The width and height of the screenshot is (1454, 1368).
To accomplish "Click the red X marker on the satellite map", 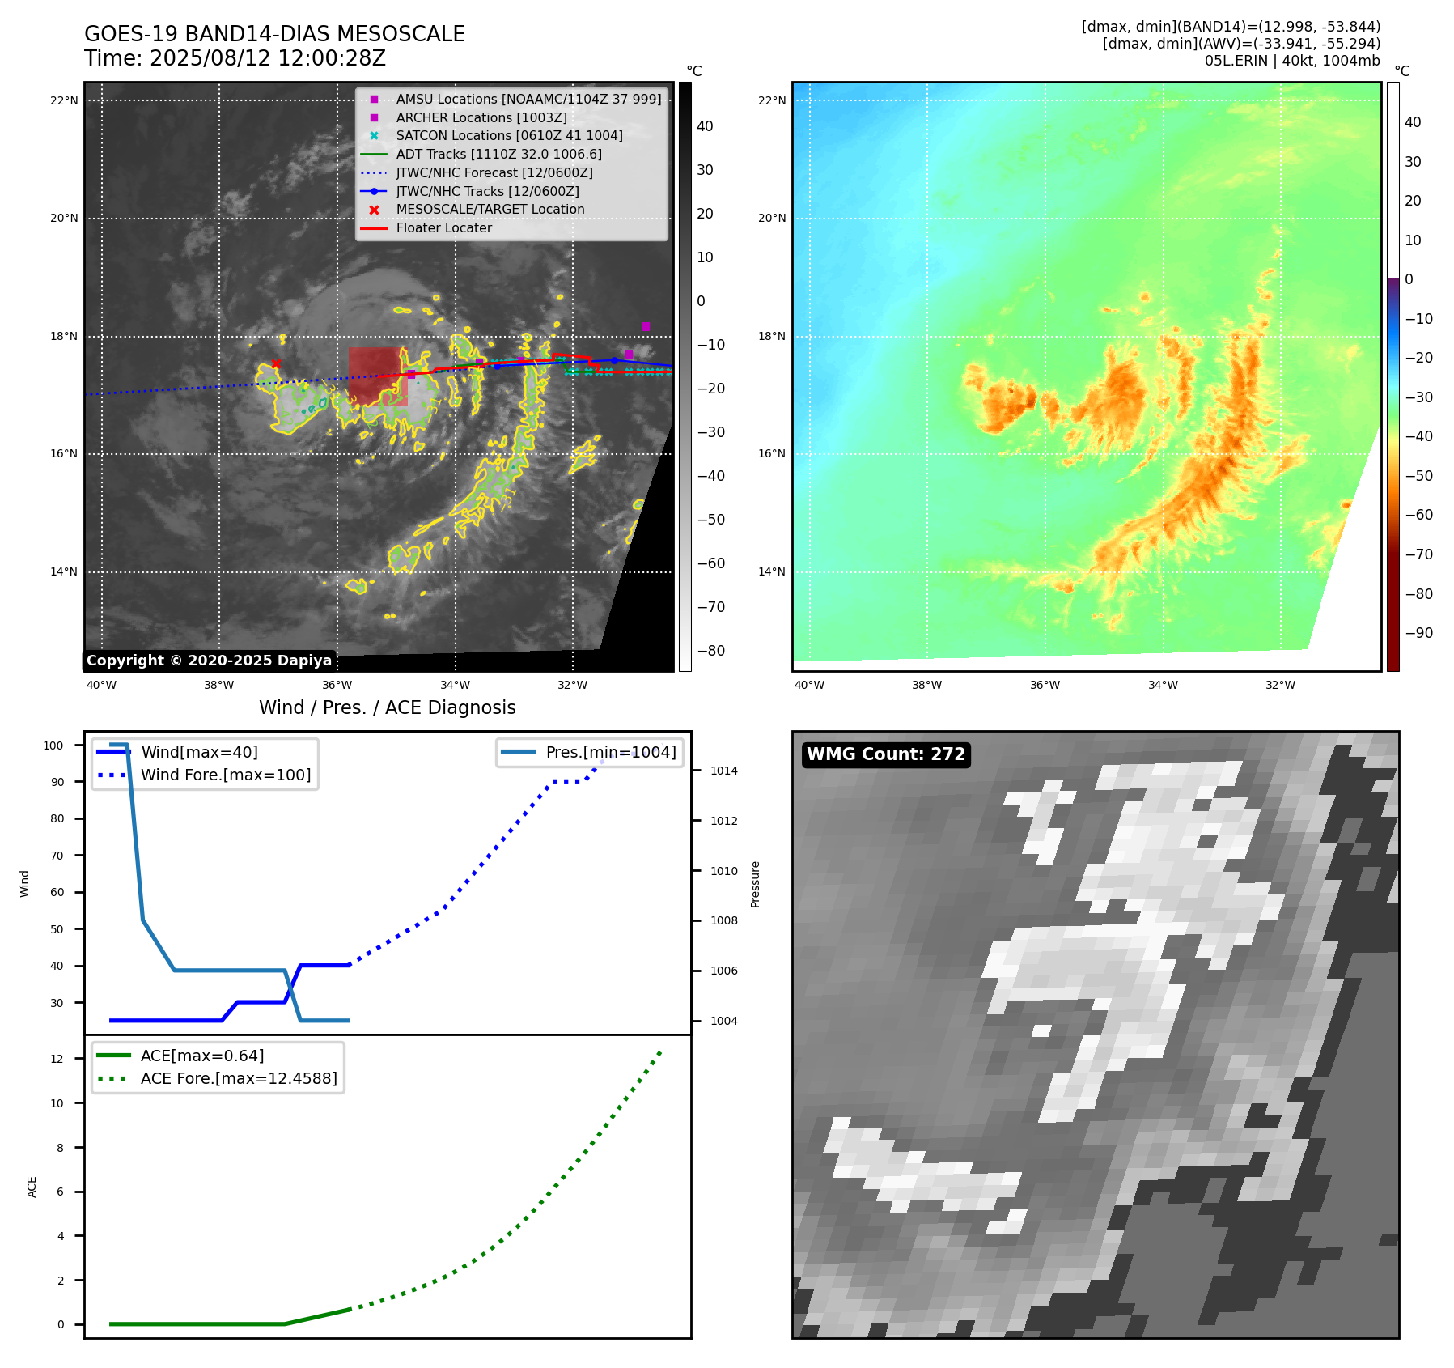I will tap(276, 363).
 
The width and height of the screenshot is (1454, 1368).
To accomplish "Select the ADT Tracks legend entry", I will tap(498, 154).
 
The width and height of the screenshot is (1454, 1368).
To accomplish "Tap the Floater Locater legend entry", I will tap(443, 227).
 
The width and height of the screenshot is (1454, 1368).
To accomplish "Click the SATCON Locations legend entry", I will tap(509, 135).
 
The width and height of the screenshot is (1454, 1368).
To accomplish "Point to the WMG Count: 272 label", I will tap(886, 754).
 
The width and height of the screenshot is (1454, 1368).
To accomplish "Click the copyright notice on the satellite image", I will tap(209, 661).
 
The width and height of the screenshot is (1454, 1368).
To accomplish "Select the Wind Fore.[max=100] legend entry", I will tap(226, 775).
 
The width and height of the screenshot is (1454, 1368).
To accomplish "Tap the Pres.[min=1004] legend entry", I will tap(611, 752).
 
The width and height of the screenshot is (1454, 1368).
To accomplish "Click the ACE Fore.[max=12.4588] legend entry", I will tap(239, 1078).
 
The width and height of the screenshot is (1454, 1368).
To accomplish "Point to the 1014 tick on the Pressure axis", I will tap(723, 771).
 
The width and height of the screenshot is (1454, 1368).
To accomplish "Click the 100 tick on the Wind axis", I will tap(53, 746).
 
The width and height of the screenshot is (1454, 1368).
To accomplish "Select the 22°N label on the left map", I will tap(64, 101).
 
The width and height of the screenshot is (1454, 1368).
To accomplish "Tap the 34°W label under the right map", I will tap(1163, 685).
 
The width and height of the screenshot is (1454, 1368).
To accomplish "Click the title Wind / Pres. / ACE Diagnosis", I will tap(387, 707).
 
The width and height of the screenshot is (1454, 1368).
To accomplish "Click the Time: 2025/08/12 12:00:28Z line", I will tap(235, 58).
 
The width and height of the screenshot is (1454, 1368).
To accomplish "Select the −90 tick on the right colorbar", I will tap(1418, 633).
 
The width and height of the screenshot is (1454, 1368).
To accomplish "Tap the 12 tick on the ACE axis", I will tap(57, 1059).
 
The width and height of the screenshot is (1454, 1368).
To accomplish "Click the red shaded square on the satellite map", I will tap(378, 376).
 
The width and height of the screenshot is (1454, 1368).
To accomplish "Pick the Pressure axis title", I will tap(755, 884).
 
